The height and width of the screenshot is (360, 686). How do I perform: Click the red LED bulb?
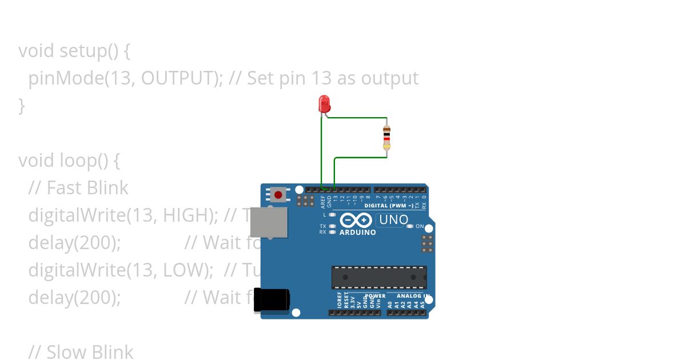pyautogui.click(x=324, y=104)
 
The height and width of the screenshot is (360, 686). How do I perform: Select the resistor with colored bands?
pyautogui.click(x=387, y=138)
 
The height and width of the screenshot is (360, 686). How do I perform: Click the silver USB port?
pyautogui.click(x=269, y=222)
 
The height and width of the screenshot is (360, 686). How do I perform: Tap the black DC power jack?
pyautogui.click(x=271, y=300)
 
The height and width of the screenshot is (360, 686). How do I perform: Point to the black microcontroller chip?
pyautogui.click(x=379, y=277)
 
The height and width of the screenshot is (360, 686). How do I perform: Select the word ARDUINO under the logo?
pyautogui.click(x=357, y=233)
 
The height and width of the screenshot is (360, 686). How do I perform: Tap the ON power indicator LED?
pyautogui.click(x=410, y=226)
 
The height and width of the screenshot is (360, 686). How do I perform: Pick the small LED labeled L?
pyautogui.click(x=333, y=215)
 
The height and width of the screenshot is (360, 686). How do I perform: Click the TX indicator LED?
pyautogui.click(x=333, y=226)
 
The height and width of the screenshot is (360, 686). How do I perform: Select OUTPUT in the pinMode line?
pyautogui.click(x=178, y=78)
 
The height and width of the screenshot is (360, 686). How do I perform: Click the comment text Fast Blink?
pyautogui.click(x=87, y=188)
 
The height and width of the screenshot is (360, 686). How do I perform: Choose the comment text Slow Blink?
pyautogui.click(x=90, y=352)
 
